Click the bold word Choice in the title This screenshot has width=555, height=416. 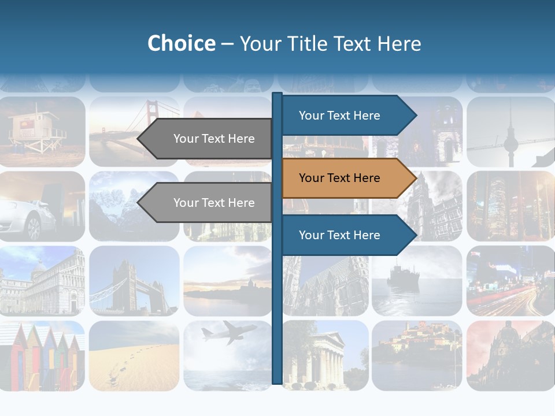181,44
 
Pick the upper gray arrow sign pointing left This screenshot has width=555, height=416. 208,139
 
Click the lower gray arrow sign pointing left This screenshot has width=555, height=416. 208,203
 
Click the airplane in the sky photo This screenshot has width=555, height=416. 229,333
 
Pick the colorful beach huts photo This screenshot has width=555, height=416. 42,355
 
